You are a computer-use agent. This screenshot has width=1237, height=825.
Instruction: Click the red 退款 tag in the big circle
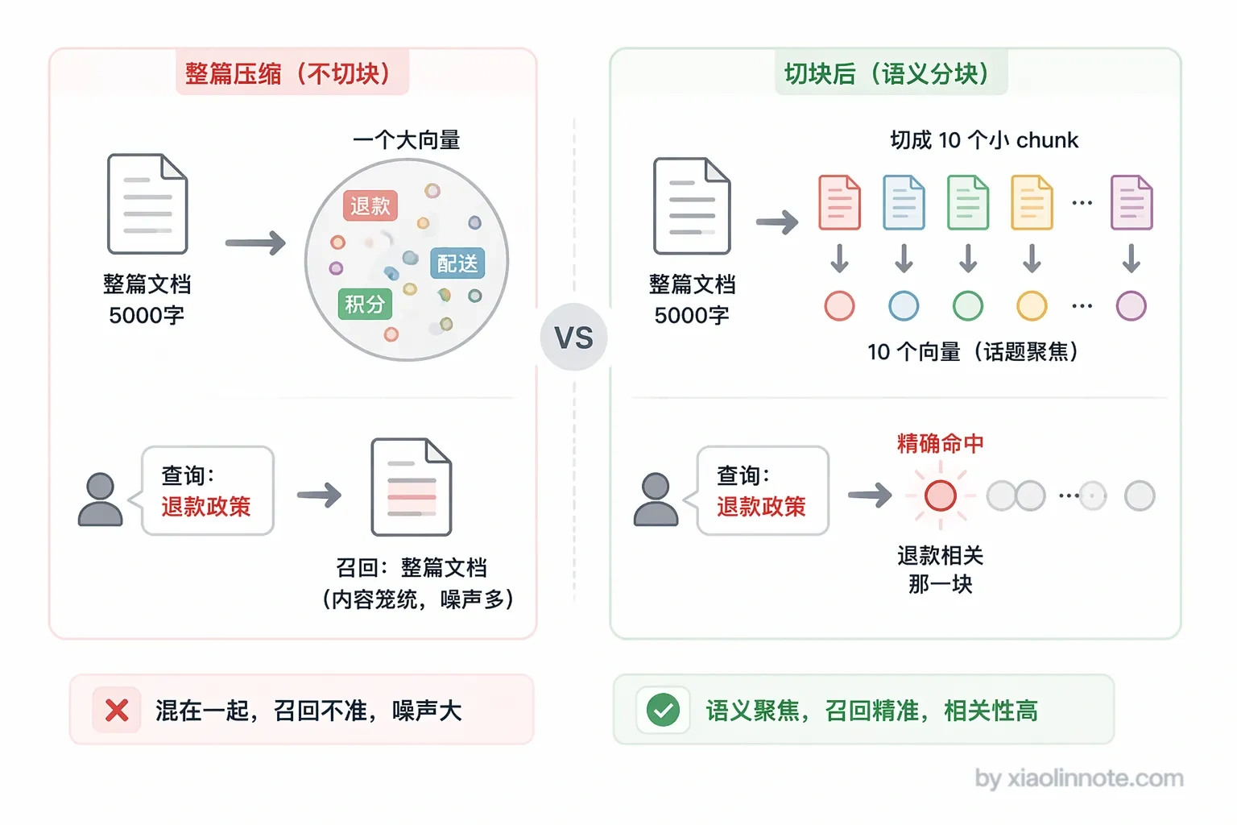[x=370, y=205]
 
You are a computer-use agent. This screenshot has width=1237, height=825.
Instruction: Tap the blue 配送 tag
[x=457, y=263]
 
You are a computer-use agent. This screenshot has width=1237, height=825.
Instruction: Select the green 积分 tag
[x=365, y=304]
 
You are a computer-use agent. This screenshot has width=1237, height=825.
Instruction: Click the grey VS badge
[x=573, y=337]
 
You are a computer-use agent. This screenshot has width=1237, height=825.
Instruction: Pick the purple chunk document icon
[x=1132, y=202]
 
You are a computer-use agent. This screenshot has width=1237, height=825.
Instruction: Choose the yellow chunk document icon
[x=1032, y=202]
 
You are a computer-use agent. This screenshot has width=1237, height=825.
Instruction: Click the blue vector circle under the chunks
[x=904, y=305]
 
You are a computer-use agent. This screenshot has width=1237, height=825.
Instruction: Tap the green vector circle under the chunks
[x=967, y=305]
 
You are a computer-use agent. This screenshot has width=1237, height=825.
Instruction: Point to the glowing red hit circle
[x=940, y=495]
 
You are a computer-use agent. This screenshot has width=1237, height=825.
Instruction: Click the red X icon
[x=117, y=710]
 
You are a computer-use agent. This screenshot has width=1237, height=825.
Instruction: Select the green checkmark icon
[x=663, y=710]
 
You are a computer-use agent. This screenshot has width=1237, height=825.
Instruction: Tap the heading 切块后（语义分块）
[x=887, y=73]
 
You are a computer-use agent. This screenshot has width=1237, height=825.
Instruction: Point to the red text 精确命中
[x=940, y=443]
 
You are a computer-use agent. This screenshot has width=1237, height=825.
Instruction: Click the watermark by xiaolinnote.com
[x=1079, y=778]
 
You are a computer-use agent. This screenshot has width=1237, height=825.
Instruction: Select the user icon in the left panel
[x=100, y=499]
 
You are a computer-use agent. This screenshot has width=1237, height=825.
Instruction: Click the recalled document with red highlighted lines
[x=412, y=487]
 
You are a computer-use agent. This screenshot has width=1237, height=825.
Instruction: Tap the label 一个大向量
[x=407, y=140]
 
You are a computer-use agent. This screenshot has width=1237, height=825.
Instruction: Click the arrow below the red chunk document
[x=839, y=258]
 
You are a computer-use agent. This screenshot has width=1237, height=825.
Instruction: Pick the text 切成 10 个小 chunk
[x=984, y=140]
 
